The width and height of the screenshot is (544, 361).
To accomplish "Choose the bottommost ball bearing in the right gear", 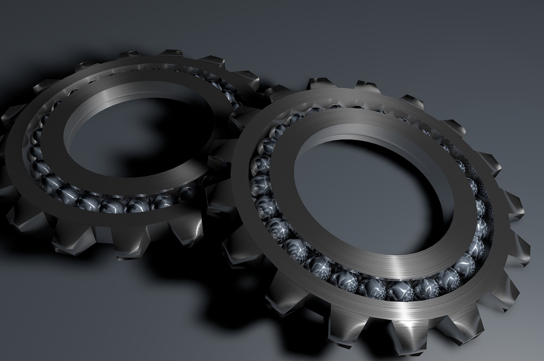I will point(399,291).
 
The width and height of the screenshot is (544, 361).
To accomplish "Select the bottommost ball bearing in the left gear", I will point(113,206).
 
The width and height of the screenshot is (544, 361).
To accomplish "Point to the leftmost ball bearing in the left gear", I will point(36,153).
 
